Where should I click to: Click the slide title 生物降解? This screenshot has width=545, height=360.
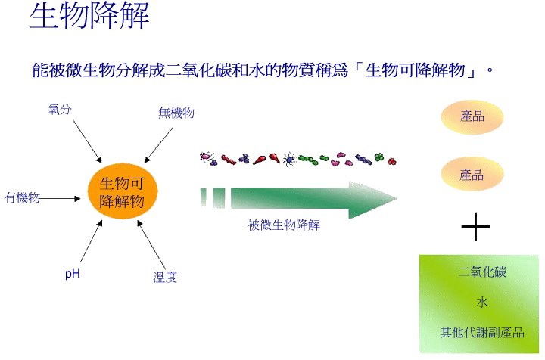click(89, 16)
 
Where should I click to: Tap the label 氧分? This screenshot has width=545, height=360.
click(60, 110)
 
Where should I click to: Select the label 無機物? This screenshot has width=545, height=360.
click(176, 113)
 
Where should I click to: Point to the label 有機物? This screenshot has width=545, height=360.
click(22, 197)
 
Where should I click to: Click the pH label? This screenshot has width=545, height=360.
click(73, 274)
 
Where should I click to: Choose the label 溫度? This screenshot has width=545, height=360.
click(165, 277)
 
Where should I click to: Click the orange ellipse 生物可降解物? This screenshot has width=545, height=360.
click(123, 191)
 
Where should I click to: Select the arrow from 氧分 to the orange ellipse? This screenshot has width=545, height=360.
click(87, 141)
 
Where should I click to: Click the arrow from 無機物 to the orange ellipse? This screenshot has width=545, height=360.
click(158, 145)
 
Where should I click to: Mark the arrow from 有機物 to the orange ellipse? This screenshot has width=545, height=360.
click(60, 199)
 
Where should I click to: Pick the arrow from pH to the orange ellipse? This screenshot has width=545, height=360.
click(92, 241)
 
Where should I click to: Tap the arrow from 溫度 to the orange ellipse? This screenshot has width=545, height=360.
click(151, 245)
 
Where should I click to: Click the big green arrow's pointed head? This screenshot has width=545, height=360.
click(396, 199)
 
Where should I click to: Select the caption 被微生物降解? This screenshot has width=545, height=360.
click(284, 225)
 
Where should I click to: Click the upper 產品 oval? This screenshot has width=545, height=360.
click(472, 117)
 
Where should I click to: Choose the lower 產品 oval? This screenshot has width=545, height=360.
click(472, 174)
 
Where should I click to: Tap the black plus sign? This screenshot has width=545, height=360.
click(475, 226)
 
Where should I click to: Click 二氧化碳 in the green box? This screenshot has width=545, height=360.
click(481, 272)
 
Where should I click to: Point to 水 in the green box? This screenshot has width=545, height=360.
click(482, 302)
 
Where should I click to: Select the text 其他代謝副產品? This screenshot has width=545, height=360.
click(482, 332)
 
